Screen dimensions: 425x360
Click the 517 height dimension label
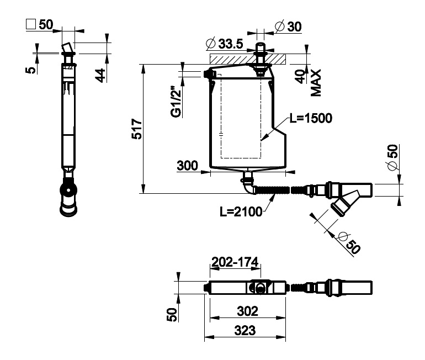(x=137, y=129)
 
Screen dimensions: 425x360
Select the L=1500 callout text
(x=311, y=118)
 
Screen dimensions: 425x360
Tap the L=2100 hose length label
(x=241, y=211)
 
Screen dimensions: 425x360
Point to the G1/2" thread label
(x=176, y=102)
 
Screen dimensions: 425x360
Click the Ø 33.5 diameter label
(x=225, y=44)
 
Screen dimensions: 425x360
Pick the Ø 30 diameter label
(x=288, y=27)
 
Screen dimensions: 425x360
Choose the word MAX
(x=316, y=83)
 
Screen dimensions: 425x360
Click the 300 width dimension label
(x=187, y=165)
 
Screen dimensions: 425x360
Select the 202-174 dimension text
(x=235, y=262)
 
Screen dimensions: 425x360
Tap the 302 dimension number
(x=247, y=311)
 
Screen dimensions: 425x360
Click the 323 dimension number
(x=245, y=330)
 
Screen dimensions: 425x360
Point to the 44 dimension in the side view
(x=100, y=75)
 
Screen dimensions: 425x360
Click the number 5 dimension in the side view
(x=31, y=70)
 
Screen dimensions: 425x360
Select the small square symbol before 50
(x=31, y=24)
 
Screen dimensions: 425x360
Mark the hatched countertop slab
(x=247, y=59)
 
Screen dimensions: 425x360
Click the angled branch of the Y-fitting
(x=345, y=203)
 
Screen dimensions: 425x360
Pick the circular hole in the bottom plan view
(x=260, y=288)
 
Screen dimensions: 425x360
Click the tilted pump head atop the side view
(x=67, y=47)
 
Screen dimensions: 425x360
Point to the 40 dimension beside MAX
(x=300, y=77)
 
